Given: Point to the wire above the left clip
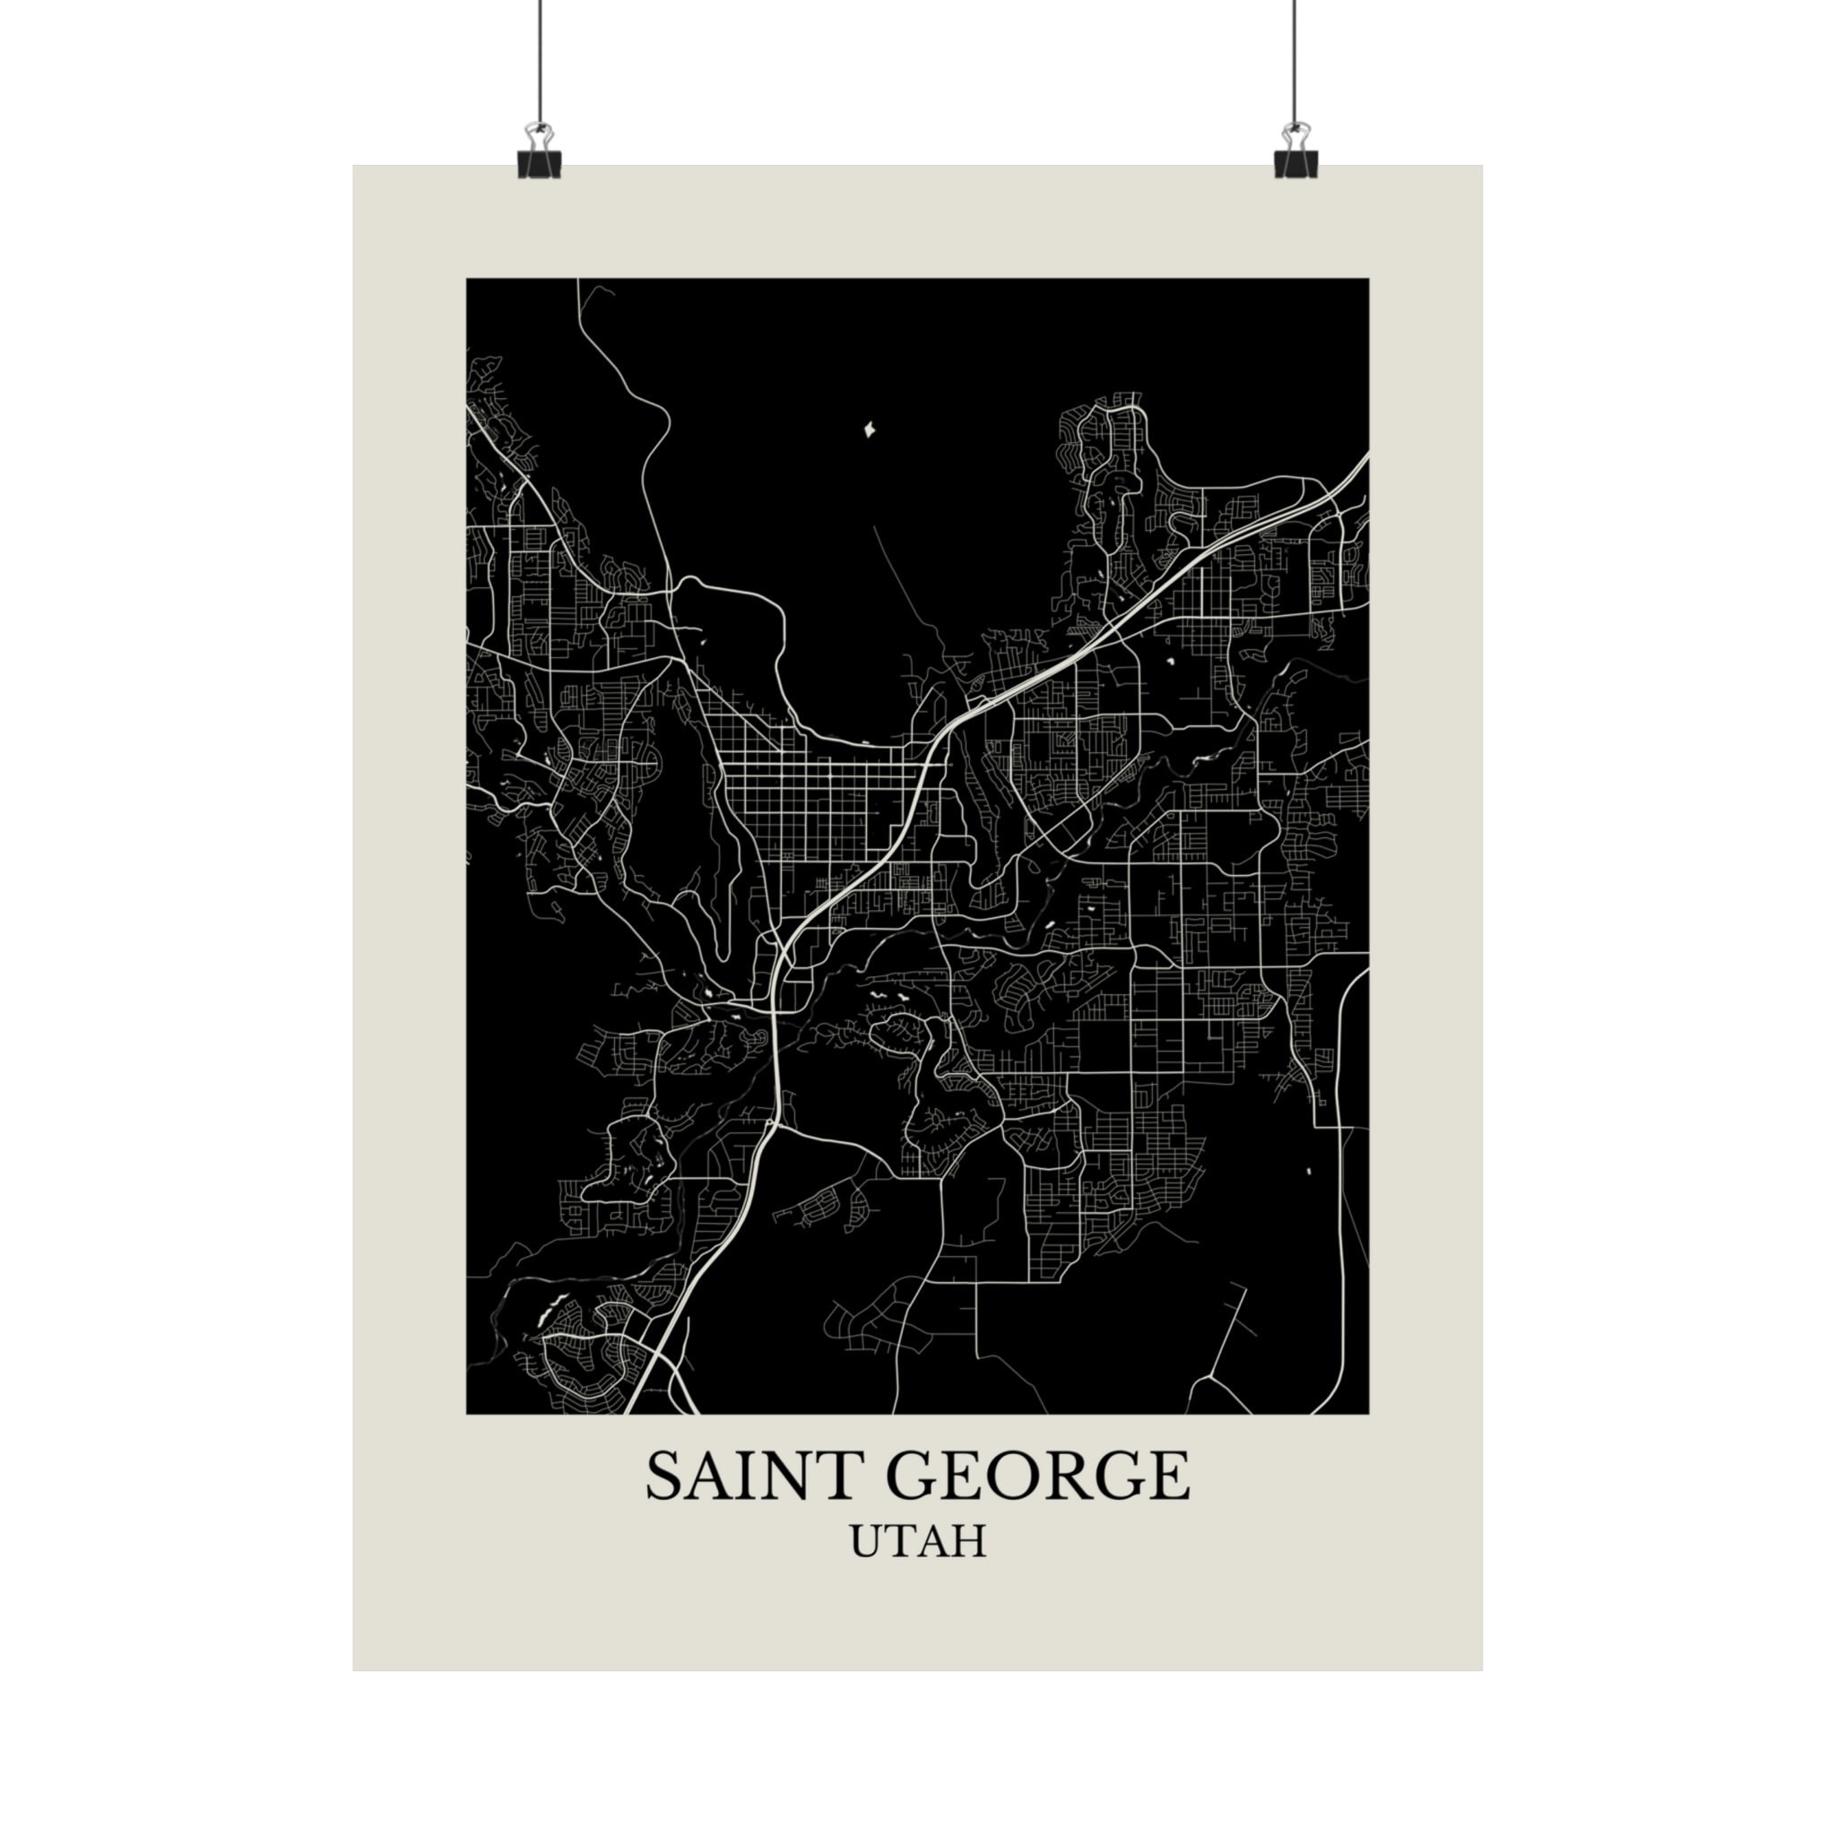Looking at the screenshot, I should click(x=540, y=57).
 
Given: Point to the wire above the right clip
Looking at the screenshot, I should click(x=1295, y=57).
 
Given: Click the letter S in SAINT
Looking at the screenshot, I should click(x=666, y=1476).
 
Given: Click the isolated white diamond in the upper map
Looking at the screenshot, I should click(x=868, y=430).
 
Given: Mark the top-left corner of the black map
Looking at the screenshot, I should click(x=466, y=279).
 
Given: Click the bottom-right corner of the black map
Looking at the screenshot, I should click(x=1368, y=1413).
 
